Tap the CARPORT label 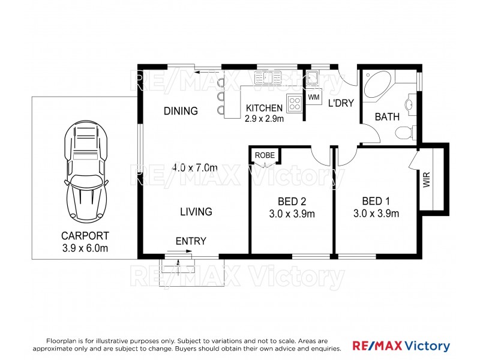tap(85, 235)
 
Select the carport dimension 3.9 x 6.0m tap(85, 248)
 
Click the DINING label tap(181, 111)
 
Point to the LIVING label tap(196, 212)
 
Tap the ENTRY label tap(191, 241)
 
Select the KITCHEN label tap(264, 108)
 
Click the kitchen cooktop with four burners tap(295, 104)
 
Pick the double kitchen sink tap(263, 77)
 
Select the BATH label tap(387, 117)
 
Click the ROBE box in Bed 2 tap(265, 155)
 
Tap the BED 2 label tap(292, 202)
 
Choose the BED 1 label tap(376, 202)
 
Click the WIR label tap(427, 180)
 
